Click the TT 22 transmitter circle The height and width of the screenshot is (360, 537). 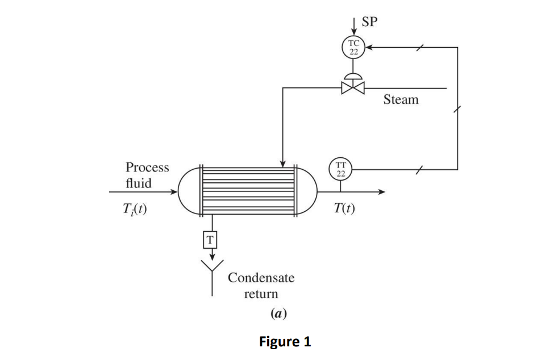click(340, 169)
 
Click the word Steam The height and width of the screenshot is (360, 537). click(401, 100)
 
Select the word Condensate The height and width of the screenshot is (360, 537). click(261, 278)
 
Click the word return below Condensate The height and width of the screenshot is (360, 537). click(261, 294)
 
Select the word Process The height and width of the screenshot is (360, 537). click(147, 168)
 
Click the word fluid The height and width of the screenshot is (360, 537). click(138, 183)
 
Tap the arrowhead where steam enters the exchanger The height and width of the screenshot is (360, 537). click(283, 164)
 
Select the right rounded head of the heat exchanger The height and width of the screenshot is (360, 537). click(306, 192)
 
